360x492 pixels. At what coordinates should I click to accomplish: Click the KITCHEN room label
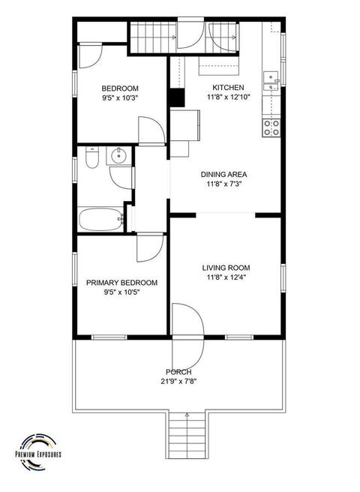(228, 87)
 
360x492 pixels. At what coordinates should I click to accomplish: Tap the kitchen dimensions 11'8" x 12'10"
(228, 97)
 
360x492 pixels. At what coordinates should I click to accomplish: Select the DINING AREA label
(223, 175)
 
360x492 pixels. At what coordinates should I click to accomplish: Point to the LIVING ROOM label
(226, 268)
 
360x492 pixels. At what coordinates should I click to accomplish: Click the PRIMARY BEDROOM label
(121, 283)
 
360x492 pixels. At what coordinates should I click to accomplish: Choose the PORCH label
(178, 372)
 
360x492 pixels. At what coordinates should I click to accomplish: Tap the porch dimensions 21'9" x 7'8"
(179, 382)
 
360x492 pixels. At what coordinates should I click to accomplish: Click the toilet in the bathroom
(92, 157)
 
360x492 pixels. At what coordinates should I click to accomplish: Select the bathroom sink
(118, 156)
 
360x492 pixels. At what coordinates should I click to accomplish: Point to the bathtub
(101, 220)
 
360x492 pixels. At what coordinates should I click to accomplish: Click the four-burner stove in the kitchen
(271, 128)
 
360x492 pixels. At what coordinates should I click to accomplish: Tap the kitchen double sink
(271, 81)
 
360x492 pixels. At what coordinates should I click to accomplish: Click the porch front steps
(187, 434)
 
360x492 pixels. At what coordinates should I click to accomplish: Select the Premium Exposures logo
(38, 453)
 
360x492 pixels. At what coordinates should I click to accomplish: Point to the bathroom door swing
(121, 178)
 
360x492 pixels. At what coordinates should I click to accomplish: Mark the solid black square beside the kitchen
(177, 98)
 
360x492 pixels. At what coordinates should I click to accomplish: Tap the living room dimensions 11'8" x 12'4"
(226, 277)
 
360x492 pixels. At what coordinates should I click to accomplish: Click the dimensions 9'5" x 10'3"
(120, 98)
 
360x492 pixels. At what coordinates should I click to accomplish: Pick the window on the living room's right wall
(283, 278)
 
